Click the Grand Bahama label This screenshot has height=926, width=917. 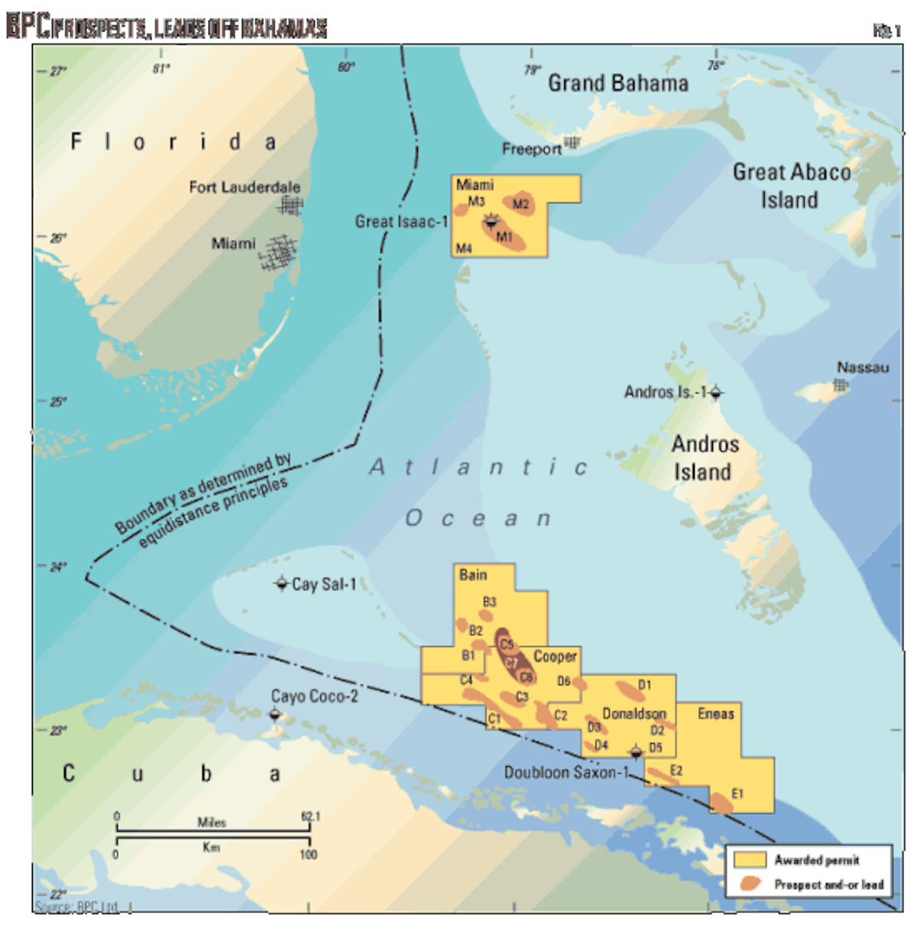[617, 83]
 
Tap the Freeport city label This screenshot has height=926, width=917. [531, 149]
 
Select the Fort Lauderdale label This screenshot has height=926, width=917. [245, 187]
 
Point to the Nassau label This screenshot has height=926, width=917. [863, 368]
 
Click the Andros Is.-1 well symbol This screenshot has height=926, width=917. [715, 393]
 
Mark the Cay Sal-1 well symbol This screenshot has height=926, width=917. [281, 583]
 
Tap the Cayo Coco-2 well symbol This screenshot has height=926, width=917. [275, 715]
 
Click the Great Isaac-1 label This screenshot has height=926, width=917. [401, 222]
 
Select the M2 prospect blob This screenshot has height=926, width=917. [522, 203]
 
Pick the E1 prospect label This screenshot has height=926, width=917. [737, 794]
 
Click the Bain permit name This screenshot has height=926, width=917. [473, 575]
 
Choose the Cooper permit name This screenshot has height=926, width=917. [555, 656]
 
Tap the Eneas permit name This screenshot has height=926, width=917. [715, 713]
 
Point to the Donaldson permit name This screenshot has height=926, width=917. [633, 713]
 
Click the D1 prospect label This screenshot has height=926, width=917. [644, 684]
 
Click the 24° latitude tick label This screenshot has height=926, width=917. [58, 567]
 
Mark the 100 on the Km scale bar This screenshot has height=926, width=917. [308, 854]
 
